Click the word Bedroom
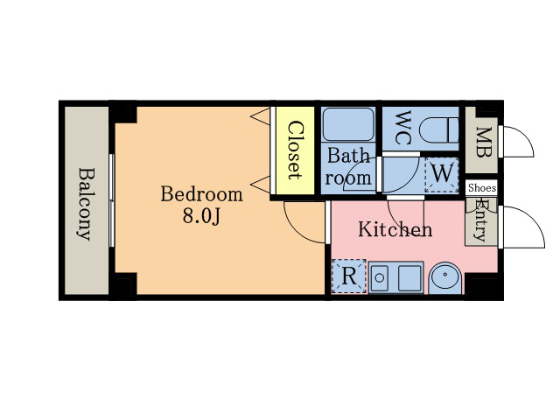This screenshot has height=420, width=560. click(202, 194)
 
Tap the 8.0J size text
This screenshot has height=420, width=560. click(202, 216)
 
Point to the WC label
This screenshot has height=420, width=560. click(403, 128)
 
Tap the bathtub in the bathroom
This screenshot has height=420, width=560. click(348, 124)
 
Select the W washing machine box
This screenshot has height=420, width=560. click(441, 175)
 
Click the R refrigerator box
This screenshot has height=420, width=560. click(349, 276)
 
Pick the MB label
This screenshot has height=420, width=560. click(484, 142)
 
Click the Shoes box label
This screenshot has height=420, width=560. click(482, 188)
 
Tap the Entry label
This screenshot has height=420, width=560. click(481, 220)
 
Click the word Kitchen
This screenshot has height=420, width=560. click(395, 229)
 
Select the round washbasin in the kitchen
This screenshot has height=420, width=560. click(445, 278)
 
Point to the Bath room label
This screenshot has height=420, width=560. click(348, 167)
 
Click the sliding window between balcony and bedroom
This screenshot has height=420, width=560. click(112, 200)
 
